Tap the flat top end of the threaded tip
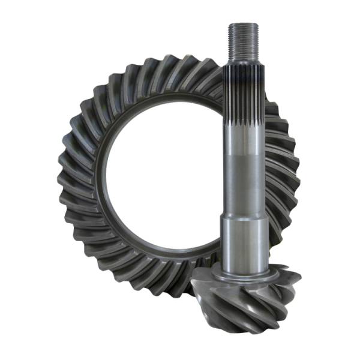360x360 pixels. [x=243, y=24]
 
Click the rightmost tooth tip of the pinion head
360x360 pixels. [x=298, y=277]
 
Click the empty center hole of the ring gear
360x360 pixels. [x=159, y=174]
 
